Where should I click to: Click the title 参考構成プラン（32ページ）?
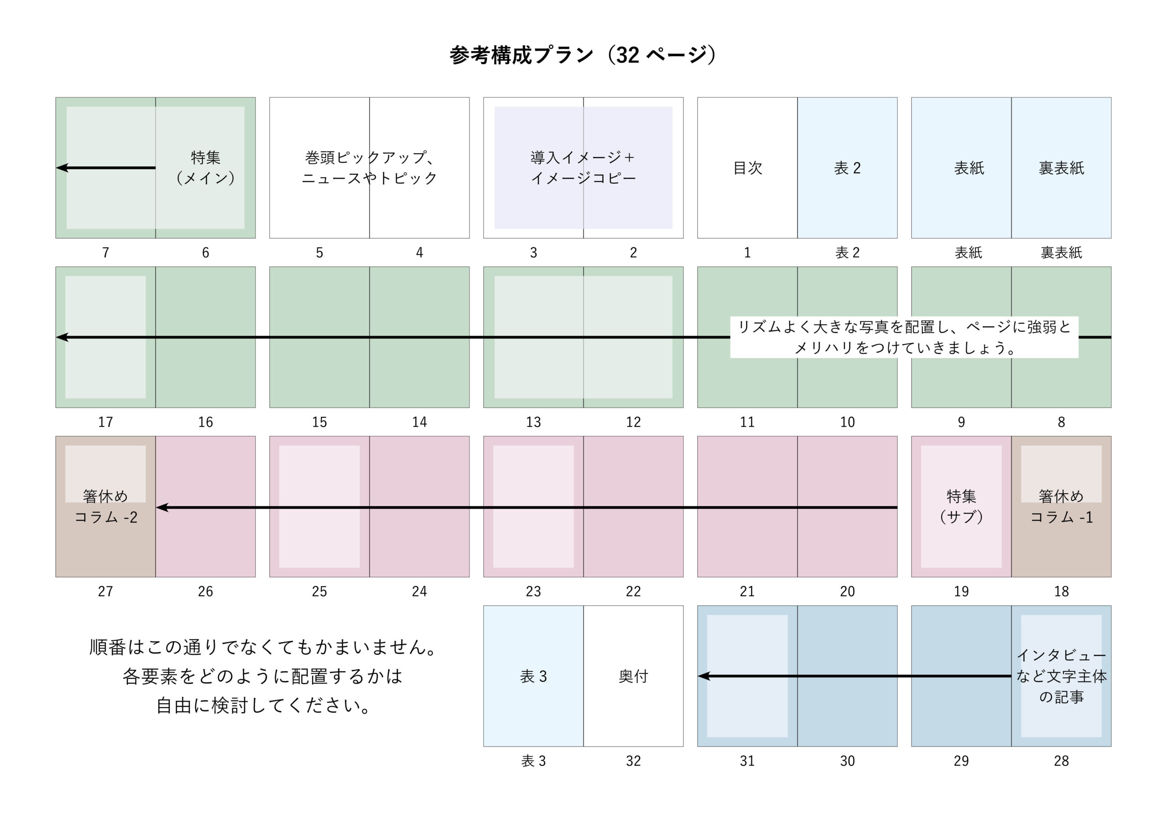tap(583, 55)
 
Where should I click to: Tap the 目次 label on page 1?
tap(748, 168)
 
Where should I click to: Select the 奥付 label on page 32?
tap(633, 676)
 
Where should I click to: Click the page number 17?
tap(105, 422)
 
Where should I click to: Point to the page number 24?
tap(419, 591)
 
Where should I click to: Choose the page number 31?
tap(747, 761)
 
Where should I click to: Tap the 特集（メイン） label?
tap(205, 168)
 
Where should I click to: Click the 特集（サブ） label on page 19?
tap(961, 507)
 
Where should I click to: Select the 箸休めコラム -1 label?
tap(1061, 507)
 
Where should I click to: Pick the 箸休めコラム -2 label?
tap(106, 507)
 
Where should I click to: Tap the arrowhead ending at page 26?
tap(162, 507)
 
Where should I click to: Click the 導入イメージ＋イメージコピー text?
tap(583, 168)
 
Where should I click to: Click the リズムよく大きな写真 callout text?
tap(904, 337)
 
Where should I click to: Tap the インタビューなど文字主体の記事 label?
tap(1061, 676)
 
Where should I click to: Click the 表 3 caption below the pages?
tap(533, 761)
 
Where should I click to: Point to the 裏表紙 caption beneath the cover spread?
tap(1061, 252)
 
